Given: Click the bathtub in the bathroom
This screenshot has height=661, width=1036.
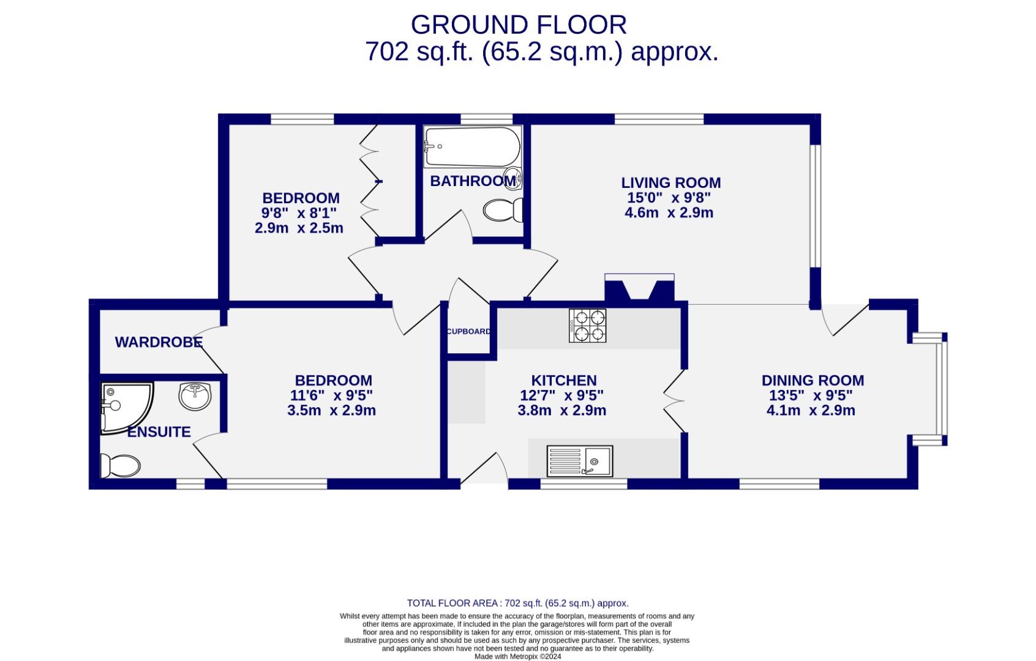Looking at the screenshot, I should [472, 147].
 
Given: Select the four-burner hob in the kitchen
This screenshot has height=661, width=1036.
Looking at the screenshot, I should [587, 325].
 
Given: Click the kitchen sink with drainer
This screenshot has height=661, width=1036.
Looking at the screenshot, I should [579, 461].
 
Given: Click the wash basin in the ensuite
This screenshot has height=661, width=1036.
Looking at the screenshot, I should [195, 395].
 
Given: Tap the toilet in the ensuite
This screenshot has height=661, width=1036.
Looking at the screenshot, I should [121, 466].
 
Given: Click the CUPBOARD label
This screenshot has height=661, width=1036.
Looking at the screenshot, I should [468, 332].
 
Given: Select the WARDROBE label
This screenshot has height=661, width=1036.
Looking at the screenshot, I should [159, 342].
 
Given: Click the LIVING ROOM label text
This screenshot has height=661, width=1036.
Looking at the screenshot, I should [670, 182].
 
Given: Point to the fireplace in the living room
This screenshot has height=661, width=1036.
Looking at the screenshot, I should [639, 288].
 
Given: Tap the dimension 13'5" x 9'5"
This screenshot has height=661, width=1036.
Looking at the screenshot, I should [811, 395].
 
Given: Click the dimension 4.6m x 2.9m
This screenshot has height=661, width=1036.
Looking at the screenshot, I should [669, 213].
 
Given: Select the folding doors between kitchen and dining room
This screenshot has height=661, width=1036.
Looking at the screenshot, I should [674, 400].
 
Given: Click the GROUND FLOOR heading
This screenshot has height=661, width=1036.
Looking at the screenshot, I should [519, 25].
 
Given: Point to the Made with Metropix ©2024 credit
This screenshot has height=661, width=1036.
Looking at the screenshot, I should [517, 656].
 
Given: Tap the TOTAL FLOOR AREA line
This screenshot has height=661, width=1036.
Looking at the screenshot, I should [517, 603].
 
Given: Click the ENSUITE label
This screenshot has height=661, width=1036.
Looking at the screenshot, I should [159, 432].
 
